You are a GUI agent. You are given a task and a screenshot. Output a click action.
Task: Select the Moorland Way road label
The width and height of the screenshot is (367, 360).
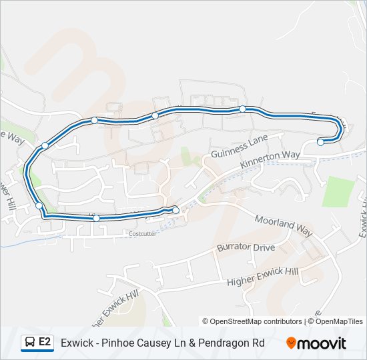click(284, 226)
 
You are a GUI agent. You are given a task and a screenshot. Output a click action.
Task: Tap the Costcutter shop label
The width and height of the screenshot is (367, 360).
click(141, 234)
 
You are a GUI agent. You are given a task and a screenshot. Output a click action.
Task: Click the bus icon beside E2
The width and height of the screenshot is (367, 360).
click(30, 343)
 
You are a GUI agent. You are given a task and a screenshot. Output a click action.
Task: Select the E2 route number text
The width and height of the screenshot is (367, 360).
click(45, 343)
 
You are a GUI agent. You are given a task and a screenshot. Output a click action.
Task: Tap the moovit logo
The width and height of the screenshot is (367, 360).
click(316, 343)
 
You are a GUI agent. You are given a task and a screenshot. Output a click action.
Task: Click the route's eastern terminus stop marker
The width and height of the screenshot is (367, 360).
click(320, 142)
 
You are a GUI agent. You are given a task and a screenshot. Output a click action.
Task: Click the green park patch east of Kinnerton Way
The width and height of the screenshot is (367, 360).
click(336, 191)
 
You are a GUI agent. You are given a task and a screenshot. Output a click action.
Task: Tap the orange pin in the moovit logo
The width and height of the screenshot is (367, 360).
click(291, 343)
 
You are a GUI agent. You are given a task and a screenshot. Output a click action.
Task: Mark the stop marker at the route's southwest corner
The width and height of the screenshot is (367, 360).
click(39, 205)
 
